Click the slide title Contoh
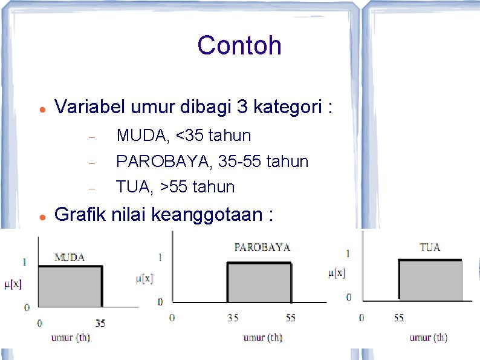tap(239, 45)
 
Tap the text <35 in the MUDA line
tap(189, 135)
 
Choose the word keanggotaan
tap(211, 214)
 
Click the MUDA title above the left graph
tap(70, 257)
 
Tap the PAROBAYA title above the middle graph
tap(262, 247)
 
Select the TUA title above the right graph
tap(430, 247)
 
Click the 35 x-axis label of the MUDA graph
tap(100, 323)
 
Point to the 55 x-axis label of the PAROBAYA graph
tap(291, 317)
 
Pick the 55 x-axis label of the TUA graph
tap(398, 316)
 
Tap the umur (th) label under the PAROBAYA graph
tap(262, 338)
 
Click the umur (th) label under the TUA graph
tap(428, 338)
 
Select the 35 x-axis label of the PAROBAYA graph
tap(233, 317)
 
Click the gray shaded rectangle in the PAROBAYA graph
tap(259, 282)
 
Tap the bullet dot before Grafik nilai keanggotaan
tap(38, 215)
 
